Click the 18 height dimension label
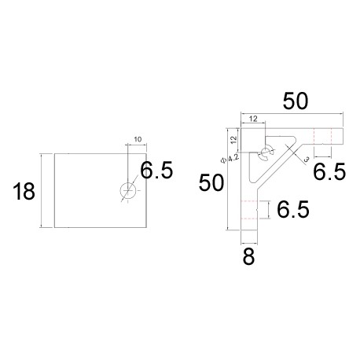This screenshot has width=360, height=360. [24, 191]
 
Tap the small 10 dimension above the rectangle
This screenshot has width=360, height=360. [138, 140]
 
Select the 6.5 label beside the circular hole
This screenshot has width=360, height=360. [156, 171]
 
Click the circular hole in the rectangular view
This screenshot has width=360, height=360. [127, 190]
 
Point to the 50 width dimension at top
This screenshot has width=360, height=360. [296, 101]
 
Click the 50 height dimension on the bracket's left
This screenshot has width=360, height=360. [211, 183]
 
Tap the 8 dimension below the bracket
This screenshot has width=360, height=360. [248, 256]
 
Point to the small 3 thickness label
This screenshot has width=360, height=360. [305, 159]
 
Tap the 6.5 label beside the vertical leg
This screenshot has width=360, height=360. [292, 209]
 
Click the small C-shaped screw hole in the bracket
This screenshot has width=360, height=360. [266, 151]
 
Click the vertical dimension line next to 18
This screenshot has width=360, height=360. [40, 190]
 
